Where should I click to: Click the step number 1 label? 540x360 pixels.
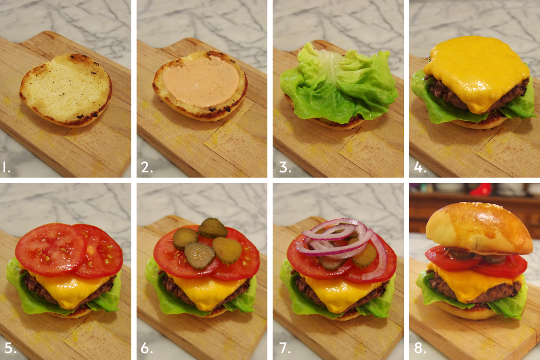click(x=6, y=168)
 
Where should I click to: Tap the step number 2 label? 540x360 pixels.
click(x=147, y=168)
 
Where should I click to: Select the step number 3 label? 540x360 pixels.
click(x=285, y=168)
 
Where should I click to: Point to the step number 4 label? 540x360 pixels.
click(x=420, y=168)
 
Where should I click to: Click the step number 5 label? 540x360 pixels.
click(x=11, y=348)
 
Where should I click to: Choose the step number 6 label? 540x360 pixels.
click(x=147, y=348)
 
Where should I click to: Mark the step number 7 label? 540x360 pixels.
click(x=285, y=348)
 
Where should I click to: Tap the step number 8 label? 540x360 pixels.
click(x=420, y=348)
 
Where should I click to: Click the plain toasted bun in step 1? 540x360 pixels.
click(x=66, y=90)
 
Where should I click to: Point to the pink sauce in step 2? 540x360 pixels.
click(x=201, y=82)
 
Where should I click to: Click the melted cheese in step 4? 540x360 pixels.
click(x=477, y=73)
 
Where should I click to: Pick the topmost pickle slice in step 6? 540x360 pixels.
click(x=212, y=228)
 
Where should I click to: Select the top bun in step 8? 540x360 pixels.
click(x=479, y=228)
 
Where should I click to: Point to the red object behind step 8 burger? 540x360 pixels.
click(x=481, y=189)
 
